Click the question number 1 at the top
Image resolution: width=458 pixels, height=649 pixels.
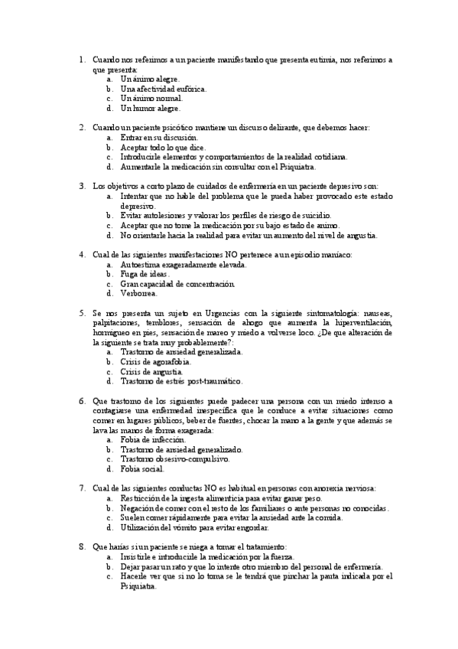(x=82, y=59)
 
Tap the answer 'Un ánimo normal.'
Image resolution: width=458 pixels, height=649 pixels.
(x=151, y=99)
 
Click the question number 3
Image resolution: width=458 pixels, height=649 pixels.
(x=82, y=186)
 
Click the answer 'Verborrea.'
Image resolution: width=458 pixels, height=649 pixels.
(x=138, y=293)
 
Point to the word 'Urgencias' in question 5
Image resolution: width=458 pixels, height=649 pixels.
(x=229, y=313)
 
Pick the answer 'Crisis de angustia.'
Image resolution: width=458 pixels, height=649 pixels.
(x=151, y=371)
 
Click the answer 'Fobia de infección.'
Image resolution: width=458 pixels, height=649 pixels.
(x=152, y=440)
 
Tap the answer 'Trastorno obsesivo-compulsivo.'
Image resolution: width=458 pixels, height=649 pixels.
(x=174, y=459)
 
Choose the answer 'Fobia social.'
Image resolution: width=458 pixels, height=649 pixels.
(x=141, y=469)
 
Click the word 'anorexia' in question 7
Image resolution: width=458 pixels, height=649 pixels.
(x=328, y=488)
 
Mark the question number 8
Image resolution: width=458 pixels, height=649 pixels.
(x=82, y=547)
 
